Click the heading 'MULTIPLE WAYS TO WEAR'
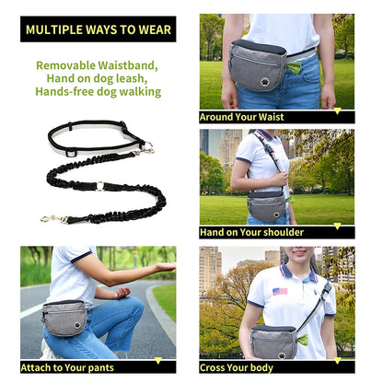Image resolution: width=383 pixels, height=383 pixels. (98, 29)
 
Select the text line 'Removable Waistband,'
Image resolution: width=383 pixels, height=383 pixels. (97, 65)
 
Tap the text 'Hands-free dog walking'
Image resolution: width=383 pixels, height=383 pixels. (98, 91)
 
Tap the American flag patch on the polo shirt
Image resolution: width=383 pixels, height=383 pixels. (280, 291)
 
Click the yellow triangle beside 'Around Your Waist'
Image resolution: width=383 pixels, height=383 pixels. (337, 116)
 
